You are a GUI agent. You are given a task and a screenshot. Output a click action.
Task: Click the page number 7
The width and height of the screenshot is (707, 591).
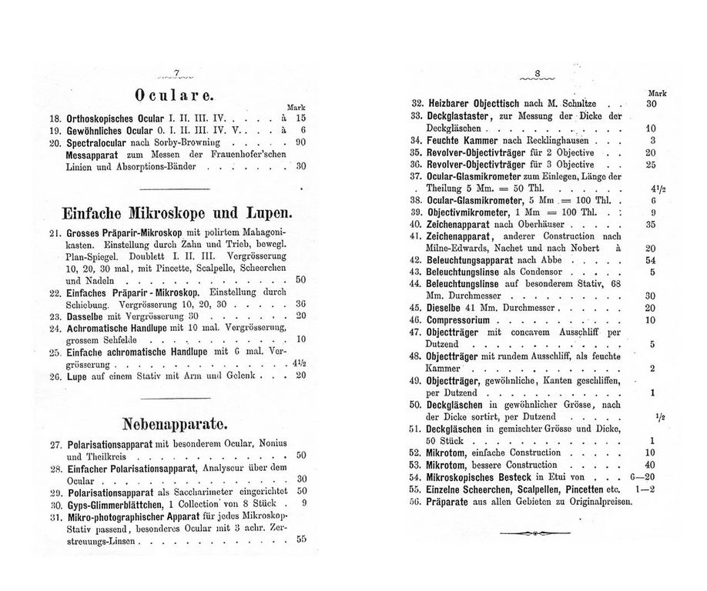click(x=176, y=74)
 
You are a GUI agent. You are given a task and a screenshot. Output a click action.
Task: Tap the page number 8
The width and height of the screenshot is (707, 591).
click(x=538, y=75)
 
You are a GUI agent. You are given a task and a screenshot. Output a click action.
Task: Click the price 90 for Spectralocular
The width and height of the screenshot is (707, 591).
click(x=301, y=142)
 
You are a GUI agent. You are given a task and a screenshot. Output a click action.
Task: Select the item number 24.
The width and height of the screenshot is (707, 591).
click(x=55, y=327)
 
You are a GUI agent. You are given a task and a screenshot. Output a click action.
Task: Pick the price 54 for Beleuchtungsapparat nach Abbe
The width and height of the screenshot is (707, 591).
click(x=650, y=260)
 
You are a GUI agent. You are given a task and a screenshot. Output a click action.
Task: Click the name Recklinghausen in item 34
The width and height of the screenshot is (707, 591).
click(x=554, y=141)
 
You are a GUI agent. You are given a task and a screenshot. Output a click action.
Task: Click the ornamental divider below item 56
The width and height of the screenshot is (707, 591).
click(x=538, y=533)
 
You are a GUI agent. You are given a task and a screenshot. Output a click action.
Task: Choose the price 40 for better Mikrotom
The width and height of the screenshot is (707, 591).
click(x=650, y=465)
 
